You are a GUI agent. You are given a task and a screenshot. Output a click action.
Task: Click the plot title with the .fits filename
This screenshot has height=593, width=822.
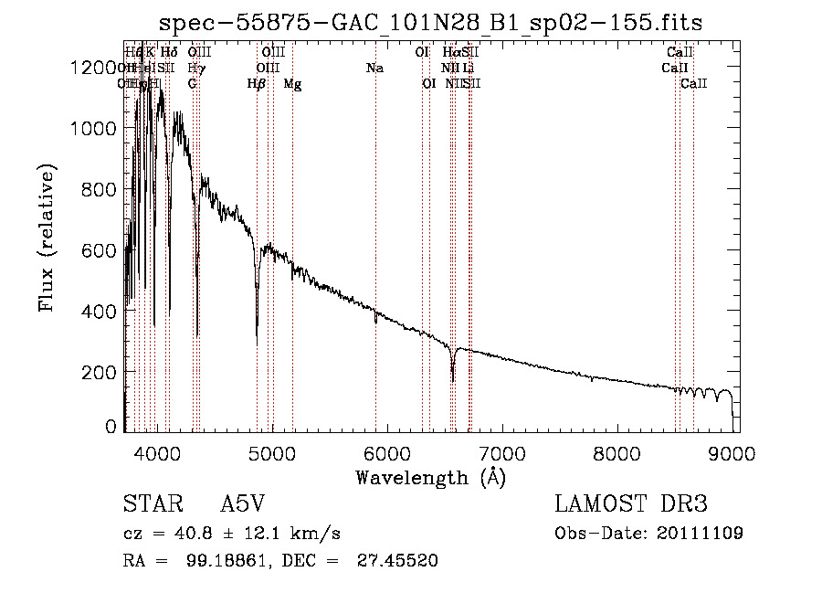pos(430,22)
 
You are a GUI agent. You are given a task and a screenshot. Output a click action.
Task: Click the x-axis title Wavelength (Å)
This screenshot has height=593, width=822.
pos(430,477)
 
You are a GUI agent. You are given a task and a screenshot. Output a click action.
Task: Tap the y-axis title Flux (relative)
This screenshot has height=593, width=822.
pos(46,238)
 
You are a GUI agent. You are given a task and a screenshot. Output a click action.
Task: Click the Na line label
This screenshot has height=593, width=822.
pos(374,69)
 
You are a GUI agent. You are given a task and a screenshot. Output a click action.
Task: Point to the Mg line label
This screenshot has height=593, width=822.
pos(292,84)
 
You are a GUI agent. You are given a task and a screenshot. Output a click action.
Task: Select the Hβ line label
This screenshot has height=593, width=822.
pos(257,84)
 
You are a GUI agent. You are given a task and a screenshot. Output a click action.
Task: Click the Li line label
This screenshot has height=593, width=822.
pos(468,69)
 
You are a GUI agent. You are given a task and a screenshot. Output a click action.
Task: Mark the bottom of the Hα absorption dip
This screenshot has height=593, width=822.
pos(453,380)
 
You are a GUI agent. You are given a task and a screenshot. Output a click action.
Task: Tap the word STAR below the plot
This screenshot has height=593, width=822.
pos(150,504)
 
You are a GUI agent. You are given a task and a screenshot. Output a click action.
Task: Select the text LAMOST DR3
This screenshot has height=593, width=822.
pos(630,504)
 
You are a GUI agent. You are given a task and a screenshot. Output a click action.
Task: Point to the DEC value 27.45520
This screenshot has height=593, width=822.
pos(397,561)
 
